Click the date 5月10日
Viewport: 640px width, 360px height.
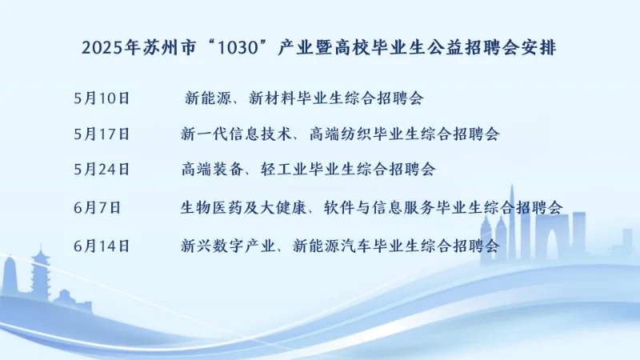point(100,99)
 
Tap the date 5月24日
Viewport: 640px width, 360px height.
point(100,170)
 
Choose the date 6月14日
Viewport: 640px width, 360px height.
point(100,246)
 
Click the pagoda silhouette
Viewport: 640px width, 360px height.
point(39,276)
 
